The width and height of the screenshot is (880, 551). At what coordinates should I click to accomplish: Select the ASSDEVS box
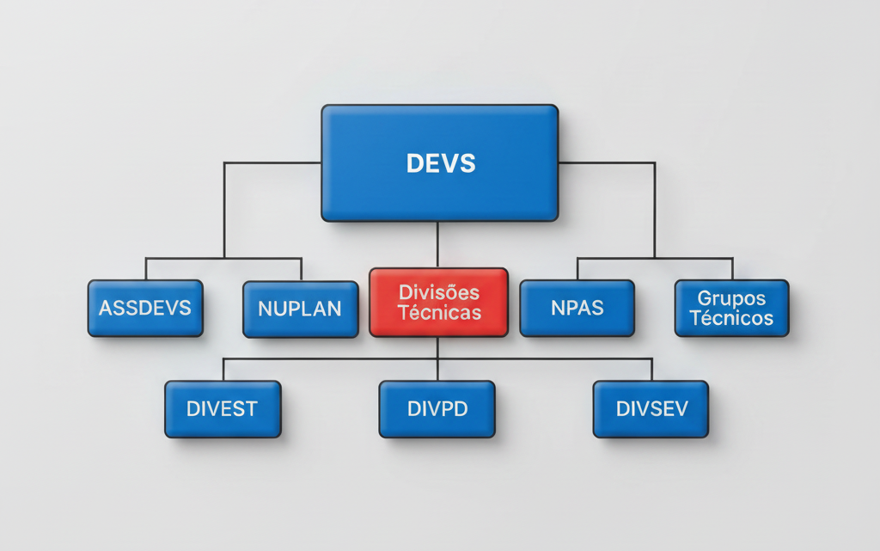pos(145,308)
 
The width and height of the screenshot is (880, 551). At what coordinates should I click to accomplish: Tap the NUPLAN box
pos(301,309)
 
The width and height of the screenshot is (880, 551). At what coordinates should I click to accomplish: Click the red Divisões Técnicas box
pos(438,302)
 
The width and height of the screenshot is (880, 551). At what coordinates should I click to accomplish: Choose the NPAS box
pos(577,308)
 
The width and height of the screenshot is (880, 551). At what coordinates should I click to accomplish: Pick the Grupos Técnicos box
pos(731,308)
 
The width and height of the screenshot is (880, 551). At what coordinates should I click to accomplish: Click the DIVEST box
pos(223,409)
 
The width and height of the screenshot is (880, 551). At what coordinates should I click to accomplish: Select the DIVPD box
pos(437,409)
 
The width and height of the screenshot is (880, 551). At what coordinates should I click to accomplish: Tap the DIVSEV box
pos(651,409)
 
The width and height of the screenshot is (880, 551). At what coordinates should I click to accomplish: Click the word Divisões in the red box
pos(439,292)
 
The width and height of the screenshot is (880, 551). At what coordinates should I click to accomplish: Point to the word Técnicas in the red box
pos(439,313)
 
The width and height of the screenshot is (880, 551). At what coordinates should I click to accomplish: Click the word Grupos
pos(731,298)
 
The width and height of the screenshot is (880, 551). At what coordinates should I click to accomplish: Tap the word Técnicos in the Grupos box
pos(731,318)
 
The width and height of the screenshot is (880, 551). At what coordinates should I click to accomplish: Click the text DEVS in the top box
pos(440,163)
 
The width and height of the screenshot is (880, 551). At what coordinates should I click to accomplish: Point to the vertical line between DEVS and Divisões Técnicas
pos(437,244)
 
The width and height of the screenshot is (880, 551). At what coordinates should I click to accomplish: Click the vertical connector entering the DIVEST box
pos(223,370)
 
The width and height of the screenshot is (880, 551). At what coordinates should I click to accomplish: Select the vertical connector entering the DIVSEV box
pos(651,370)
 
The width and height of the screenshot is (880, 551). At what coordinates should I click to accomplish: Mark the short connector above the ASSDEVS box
pos(145,268)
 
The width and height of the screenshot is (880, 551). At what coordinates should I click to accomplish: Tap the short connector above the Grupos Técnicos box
pos(732,268)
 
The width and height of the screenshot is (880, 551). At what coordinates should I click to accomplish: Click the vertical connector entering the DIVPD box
pos(437,370)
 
